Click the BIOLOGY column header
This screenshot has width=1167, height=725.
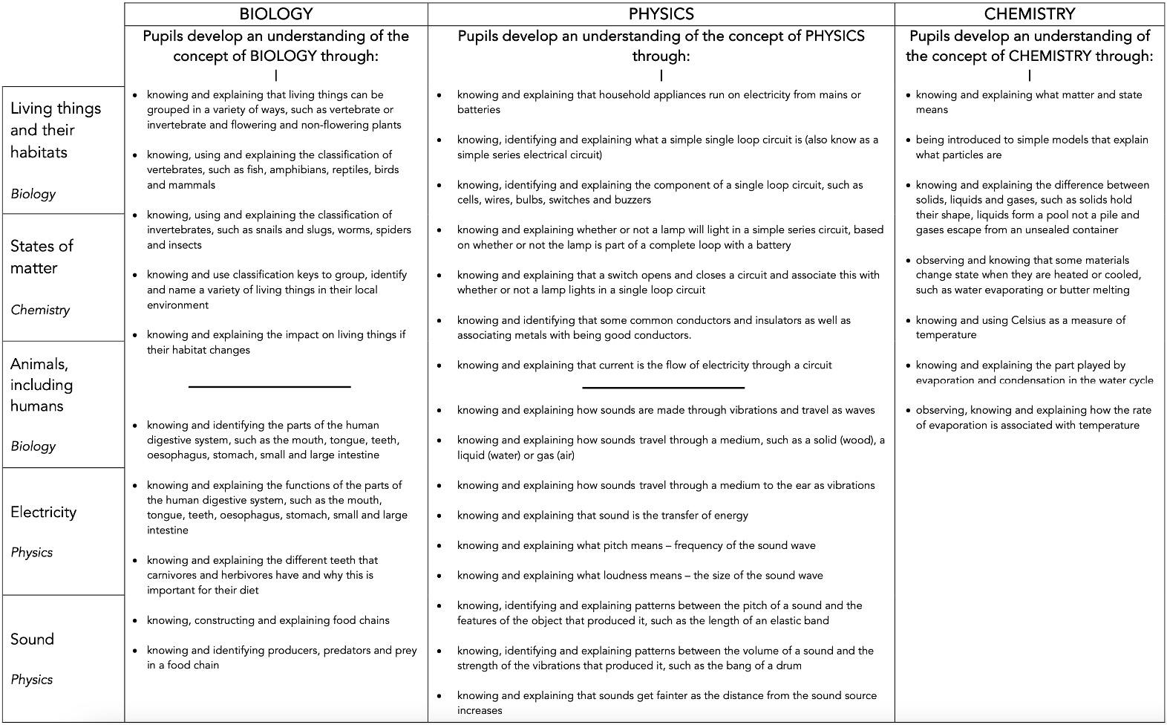[x=275, y=14]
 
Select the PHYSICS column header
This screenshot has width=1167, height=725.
[x=661, y=14]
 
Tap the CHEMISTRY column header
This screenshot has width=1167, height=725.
[x=1029, y=14]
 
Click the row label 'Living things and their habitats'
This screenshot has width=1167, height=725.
[x=56, y=130]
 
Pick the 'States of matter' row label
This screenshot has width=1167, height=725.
[x=42, y=256]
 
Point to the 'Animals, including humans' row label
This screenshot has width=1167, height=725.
[x=42, y=385]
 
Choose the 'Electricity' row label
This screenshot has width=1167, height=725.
[x=43, y=512]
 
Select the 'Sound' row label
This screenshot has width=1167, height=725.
[x=32, y=639]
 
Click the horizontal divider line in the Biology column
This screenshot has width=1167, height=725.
[x=269, y=386]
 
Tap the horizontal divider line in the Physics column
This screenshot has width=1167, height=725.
[x=663, y=387]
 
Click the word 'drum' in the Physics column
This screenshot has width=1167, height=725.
[x=788, y=666]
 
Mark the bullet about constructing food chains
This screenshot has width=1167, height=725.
[x=268, y=620]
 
